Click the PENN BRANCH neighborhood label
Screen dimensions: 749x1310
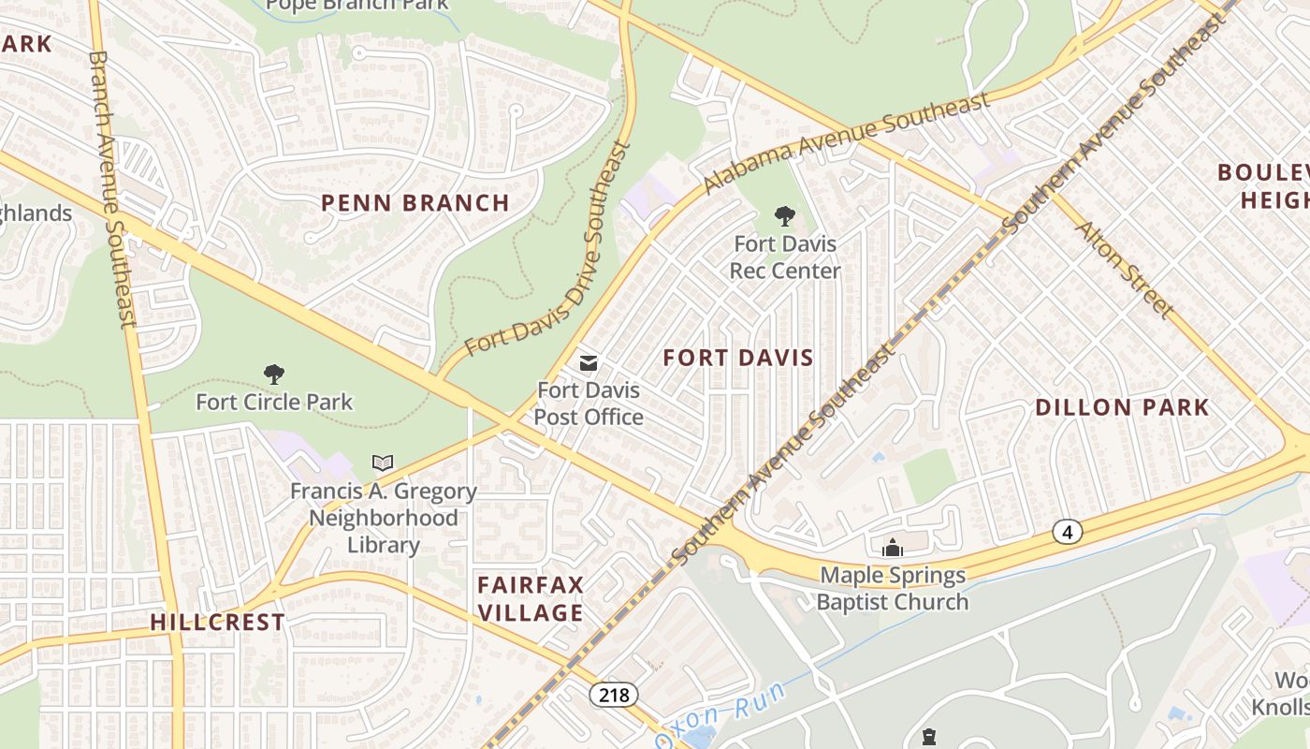415,203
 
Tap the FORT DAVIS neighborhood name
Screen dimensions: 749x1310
738,358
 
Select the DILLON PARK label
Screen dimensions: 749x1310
1122,407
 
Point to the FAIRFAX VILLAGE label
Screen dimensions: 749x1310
531,599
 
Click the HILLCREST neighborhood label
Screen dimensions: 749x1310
217,623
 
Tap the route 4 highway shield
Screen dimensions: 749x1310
1067,532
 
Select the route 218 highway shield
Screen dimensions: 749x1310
614,695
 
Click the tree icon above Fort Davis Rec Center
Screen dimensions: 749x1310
784,217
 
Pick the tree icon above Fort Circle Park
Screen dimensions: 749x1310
274,375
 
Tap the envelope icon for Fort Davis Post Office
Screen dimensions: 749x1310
589,363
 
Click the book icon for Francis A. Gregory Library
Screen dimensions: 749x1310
383,463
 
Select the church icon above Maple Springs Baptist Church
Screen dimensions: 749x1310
893,548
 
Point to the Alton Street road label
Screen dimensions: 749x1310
1123,269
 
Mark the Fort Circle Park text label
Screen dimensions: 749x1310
274,403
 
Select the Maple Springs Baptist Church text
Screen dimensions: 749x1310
892,589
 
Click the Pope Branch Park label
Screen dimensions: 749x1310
357,5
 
